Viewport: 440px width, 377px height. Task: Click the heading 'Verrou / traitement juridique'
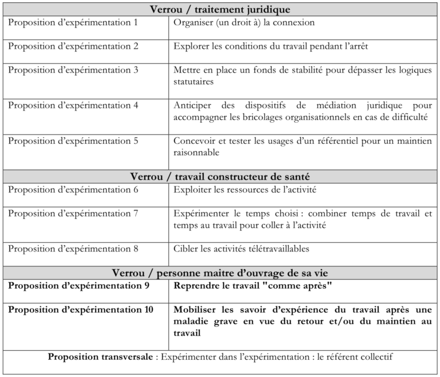click(220, 10)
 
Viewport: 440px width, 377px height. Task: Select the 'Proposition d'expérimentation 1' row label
click(73, 23)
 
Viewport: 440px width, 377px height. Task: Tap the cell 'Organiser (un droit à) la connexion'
click(244, 23)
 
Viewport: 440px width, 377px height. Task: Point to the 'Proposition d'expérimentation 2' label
click(73, 46)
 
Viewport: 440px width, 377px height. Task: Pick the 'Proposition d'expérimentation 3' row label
click(73, 70)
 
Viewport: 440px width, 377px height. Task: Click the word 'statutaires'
click(194, 82)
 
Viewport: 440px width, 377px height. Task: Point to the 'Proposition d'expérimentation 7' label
click(73, 213)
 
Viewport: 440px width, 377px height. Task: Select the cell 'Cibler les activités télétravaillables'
click(241, 249)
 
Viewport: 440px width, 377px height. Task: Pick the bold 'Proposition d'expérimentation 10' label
click(81, 310)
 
